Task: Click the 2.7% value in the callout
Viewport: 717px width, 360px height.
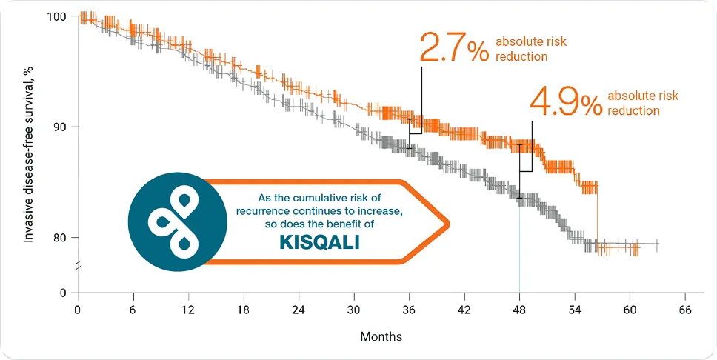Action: click(x=453, y=48)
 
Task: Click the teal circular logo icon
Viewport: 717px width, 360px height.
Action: click(x=177, y=220)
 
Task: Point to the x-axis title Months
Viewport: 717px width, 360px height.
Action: click(x=381, y=336)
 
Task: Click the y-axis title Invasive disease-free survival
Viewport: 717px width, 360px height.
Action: click(x=30, y=154)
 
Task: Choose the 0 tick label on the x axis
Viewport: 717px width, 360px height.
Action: click(x=77, y=310)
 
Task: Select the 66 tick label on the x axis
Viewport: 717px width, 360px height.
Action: click(x=685, y=310)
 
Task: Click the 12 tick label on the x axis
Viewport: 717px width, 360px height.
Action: click(x=188, y=310)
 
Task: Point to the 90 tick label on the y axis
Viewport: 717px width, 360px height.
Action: click(x=60, y=127)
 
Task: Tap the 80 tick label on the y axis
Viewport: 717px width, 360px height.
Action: click(x=60, y=238)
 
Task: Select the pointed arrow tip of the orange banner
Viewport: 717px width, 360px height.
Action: click(x=447, y=221)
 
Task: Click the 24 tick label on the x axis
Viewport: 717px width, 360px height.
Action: click(x=299, y=310)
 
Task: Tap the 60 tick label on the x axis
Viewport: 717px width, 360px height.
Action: click(x=630, y=310)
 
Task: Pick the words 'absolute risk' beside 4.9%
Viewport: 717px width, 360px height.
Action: click(x=642, y=96)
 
